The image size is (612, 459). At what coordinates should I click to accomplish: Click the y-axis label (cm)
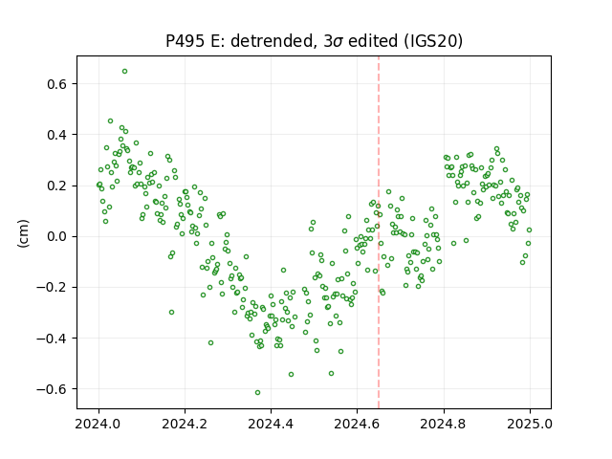click(23, 233)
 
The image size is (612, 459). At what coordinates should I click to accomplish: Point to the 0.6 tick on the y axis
click(57, 84)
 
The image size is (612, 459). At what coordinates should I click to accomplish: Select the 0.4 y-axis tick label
click(57, 135)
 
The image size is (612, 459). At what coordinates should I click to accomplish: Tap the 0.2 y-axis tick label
click(57, 186)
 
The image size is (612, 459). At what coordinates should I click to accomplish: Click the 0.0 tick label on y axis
click(57, 236)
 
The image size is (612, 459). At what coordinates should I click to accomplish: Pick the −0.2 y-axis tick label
click(53, 287)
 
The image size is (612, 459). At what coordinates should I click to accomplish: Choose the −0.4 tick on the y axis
click(53, 338)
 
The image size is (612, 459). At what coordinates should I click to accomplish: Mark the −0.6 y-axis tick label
click(53, 389)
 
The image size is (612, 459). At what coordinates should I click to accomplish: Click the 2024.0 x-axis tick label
click(98, 424)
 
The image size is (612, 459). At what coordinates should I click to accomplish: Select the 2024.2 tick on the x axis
click(185, 424)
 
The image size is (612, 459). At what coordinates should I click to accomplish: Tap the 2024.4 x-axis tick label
click(271, 424)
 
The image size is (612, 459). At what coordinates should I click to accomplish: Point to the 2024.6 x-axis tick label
click(357, 424)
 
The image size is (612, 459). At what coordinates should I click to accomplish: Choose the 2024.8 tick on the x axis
click(444, 424)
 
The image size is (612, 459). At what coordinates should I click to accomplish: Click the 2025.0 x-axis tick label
click(530, 424)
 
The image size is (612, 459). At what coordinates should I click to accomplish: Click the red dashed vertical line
click(379, 232)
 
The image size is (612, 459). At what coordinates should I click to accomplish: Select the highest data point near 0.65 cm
click(124, 72)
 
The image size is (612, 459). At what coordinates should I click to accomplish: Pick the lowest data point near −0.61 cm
click(257, 392)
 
